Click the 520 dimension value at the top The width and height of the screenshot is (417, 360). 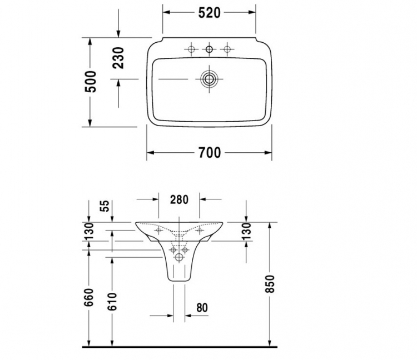[x=209, y=13]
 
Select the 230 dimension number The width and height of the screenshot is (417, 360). [x=118, y=58]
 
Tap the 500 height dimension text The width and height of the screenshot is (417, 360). [x=91, y=82]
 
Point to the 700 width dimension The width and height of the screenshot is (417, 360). [x=210, y=153]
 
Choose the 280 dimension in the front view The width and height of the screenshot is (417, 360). [x=179, y=199]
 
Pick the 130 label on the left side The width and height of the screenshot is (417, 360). [x=90, y=232]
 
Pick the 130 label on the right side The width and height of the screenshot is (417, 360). [x=246, y=232]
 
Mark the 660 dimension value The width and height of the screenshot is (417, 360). [x=90, y=297]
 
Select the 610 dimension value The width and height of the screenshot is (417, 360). [x=112, y=302]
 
